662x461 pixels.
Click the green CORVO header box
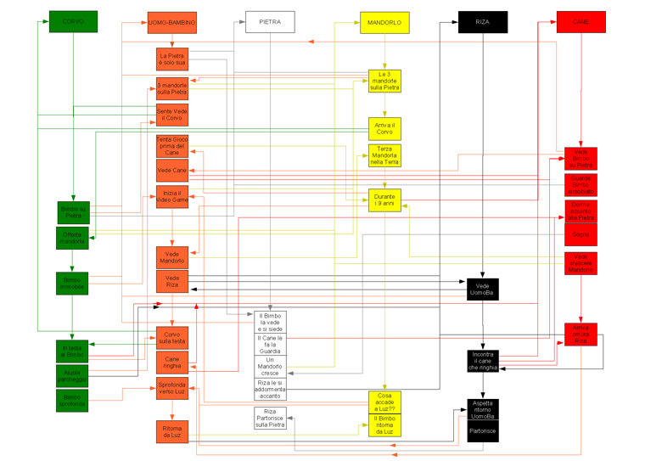pos(73,21)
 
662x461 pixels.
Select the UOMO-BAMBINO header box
pos(172,22)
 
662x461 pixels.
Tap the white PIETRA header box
pos(270,21)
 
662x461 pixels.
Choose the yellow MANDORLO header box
pos(384,22)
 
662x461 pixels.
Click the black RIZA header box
pos(483,22)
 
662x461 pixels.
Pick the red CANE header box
pos(581,22)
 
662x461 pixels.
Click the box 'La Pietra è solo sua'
pos(172,59)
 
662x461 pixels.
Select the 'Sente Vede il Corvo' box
pos(172,115)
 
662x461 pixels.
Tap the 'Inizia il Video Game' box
pos(172,198)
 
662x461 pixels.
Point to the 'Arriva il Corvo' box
pos(384,129)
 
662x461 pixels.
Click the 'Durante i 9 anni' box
pos(384,200)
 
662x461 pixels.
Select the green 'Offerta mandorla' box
pos(72,238)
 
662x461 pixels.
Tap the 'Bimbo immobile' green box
pos(72,284)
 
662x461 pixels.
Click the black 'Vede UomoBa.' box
pos(482,290)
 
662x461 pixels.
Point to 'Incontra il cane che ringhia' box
pos(482,361)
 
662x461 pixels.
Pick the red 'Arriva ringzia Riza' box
pos(581,334)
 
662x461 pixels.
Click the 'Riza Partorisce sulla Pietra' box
pos(270,418)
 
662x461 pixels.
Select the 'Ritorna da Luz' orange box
pos(172,431)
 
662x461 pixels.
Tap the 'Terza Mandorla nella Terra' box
pos(384,156)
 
